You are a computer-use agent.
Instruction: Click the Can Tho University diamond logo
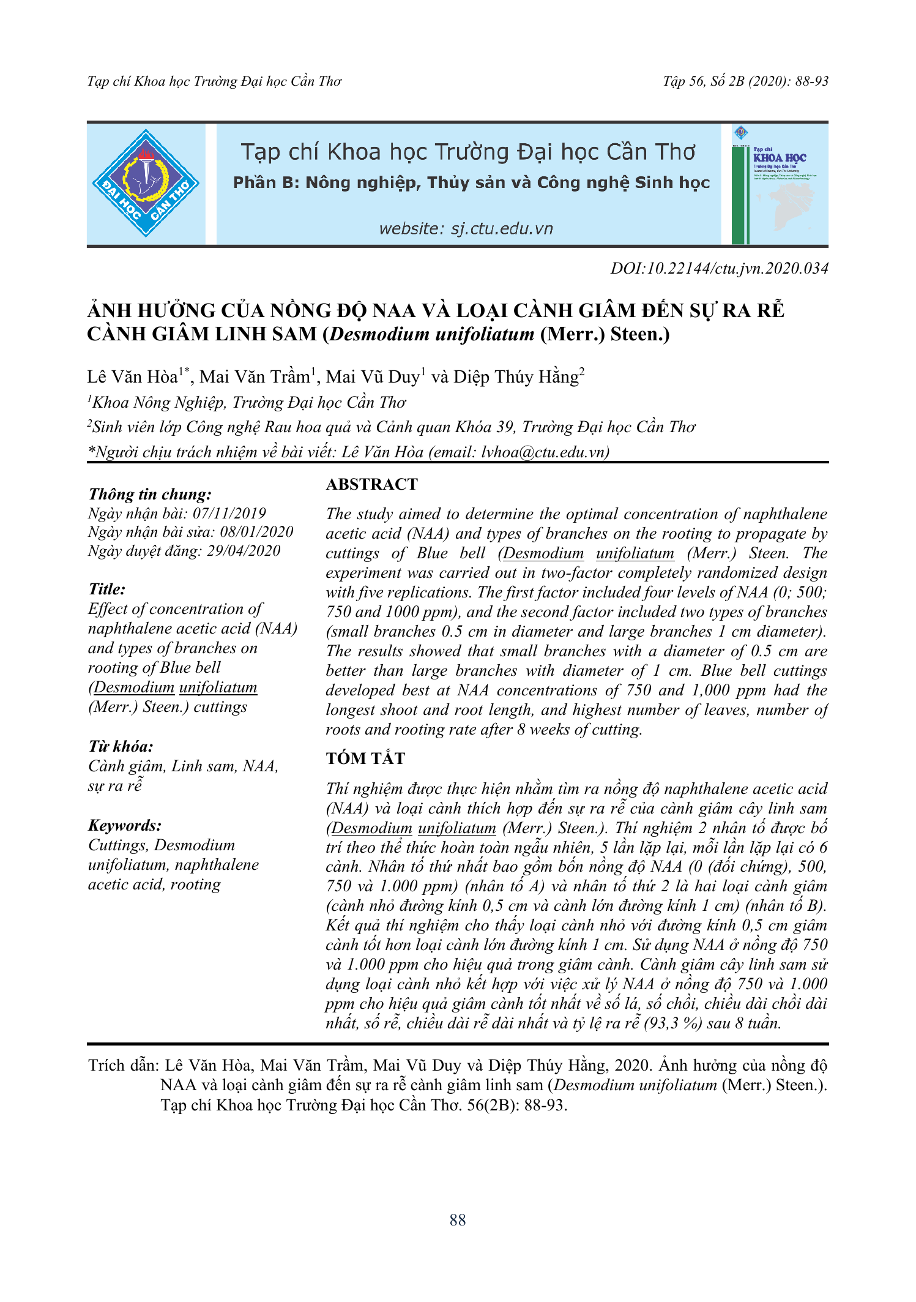click(x=146, y=183)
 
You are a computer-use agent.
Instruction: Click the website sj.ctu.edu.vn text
click(x=466, y=229)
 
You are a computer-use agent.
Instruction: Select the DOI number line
click(x=719, y=268)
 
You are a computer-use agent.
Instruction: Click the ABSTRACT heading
click(x=371, y=484)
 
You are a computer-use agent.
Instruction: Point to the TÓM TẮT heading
click(x=365, y=758)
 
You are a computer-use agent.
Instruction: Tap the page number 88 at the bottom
click(x=457, y=1220)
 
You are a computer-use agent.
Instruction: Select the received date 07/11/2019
click(x=229, y=514)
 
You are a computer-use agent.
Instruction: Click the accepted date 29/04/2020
click(x=244, y=551)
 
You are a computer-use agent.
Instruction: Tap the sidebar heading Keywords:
click(x=125, y=825)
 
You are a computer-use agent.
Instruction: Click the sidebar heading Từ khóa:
click(x=121, y=746)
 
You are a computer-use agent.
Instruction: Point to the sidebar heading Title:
click(x=107, y=589)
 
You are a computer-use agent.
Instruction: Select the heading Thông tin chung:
click(x=150, y=494)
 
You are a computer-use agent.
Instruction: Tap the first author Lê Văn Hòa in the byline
click(x=132, y=377)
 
